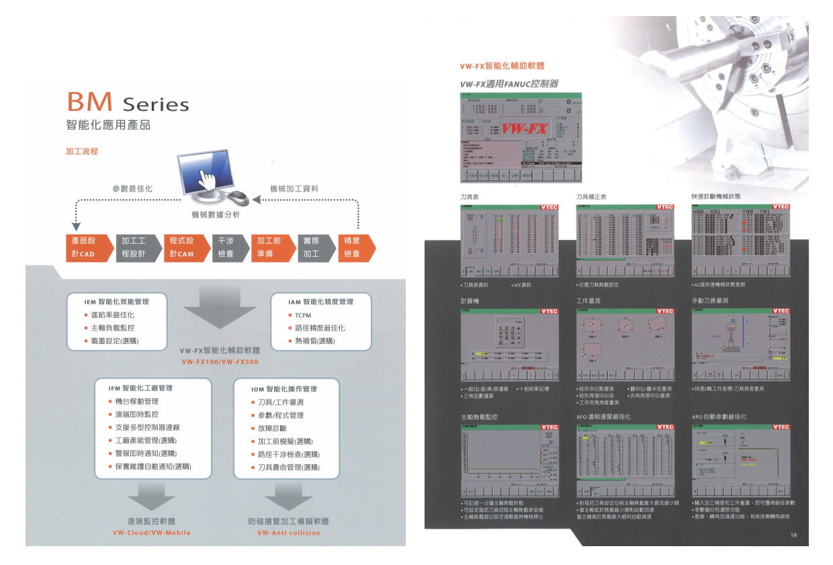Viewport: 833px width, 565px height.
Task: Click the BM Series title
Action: pyautogui.click(x=128, y=103)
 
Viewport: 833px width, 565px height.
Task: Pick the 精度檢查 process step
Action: pyautogui.click(x=354, y=247)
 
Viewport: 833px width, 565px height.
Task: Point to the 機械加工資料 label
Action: pyautogui.click(x=294, y=189)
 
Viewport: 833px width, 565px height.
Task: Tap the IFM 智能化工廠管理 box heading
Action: pyautogui.click(x=140, y=388)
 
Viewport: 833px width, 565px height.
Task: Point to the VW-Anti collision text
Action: pyautogui.click(x=289, y=533)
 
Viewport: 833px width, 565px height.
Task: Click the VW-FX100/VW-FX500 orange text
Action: pyautogui.click(x=220, y=362)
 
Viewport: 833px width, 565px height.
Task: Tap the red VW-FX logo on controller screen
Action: pyautogui.click(x=525, y=128)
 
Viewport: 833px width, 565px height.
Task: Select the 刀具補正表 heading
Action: pyautogui.click(x=591, y=197)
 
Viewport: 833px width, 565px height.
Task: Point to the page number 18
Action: pyautogui.click(x=793, y=535)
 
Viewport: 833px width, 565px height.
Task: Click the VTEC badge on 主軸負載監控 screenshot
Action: pyautogui.click(x=550, y=427)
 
